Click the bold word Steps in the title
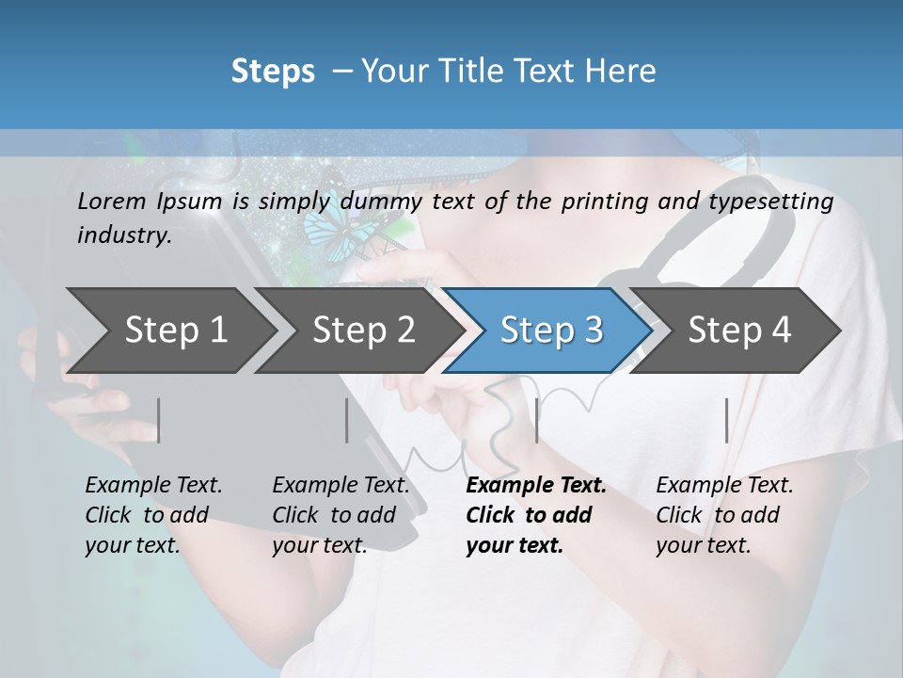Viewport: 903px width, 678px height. point(273,72)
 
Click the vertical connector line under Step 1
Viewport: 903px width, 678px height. point(159,420)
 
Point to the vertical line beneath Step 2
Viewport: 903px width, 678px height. point(347,420)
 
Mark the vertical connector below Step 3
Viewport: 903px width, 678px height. point(537,420)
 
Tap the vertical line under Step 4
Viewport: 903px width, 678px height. point(727,420)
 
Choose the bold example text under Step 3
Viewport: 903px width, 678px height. point(535,515)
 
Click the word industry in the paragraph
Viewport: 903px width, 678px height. point(123,235)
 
